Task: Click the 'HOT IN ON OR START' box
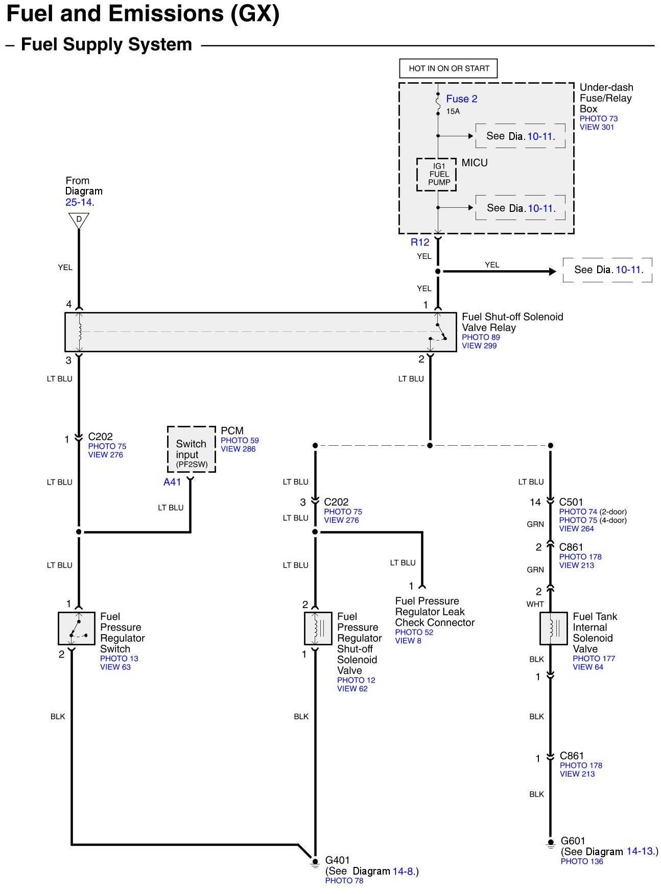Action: coord(448,68)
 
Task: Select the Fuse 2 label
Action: coord(461,99)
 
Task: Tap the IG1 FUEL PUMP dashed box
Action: coord(437,174)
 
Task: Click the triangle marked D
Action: coord(79,221)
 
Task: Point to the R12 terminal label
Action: coord(420,243)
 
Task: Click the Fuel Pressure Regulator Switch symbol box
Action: coord(76,628)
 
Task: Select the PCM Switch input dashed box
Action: coord(191,449)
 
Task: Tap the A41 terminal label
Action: coord(172,482)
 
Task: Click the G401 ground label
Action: coord(337,860)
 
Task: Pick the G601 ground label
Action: coord(573,841)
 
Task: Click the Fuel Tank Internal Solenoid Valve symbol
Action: coord(553,628)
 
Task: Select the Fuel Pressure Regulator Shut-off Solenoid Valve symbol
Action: coord(318,628)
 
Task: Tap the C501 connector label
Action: coord(571,502)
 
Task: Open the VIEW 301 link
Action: coord(597,127)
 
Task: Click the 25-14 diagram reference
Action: coord(79,202)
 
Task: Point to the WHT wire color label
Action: coord(535,605)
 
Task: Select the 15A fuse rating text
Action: coord(453,111)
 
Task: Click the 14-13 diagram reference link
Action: coord(640,852)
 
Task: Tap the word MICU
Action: coord(475,163)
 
